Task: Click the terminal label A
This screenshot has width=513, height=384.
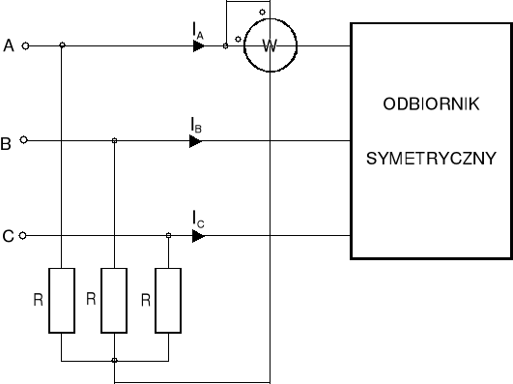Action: click(x=9, y=45)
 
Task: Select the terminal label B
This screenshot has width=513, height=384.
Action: click(x=7, y=144)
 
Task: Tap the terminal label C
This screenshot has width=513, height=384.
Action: click(x=8, y=236)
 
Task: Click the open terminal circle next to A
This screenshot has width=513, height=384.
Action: click(x=26, y=45)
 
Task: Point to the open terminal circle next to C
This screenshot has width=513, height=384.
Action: click(x=26, y=235)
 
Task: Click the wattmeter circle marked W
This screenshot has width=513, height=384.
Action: click(x=270, y=44)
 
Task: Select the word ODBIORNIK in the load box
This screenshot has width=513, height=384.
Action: click(x=431, y=105)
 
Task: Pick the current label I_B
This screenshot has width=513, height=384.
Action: click(x=196, y=126)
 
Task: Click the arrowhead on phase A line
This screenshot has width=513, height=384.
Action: click(x=198, y=45)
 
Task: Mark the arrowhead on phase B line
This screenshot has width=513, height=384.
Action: click(x=196, y=141)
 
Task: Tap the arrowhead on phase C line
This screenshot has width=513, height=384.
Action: click(x=198, y=235)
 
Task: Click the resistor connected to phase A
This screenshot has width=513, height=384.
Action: click(x=62, y=301)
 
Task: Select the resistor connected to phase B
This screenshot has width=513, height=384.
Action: click(x=115, y=301)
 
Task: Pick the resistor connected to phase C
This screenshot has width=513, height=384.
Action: click(x=168, y=301)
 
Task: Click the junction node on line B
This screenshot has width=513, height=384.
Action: click(x=115, y=141)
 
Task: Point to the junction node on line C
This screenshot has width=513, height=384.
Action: click(x=168, y=235)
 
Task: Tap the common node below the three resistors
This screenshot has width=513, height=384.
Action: click(x=115, y=361)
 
